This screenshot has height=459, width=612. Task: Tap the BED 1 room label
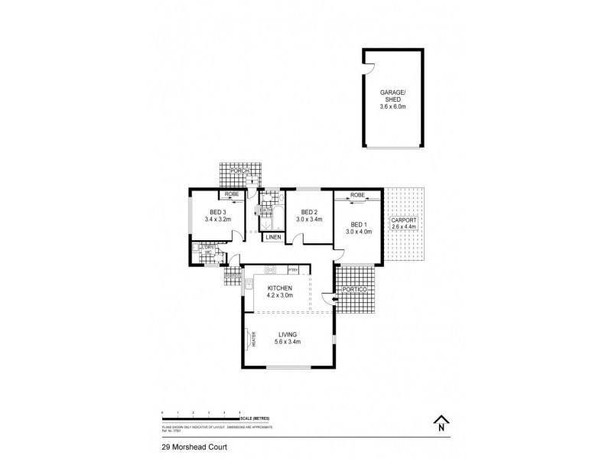tap(358, 225)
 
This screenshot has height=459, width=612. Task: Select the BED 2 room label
tap(308, 212)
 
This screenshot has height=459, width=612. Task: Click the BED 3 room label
tap(218, 212)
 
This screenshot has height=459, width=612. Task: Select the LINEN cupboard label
tap(274, 238)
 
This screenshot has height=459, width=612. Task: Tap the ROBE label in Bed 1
tap(356, 196)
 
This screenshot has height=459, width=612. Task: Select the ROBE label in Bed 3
tap(232, 196)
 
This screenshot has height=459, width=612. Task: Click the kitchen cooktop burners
tap(270, 269)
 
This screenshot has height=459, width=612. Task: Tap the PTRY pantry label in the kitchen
tap(291, 269)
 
